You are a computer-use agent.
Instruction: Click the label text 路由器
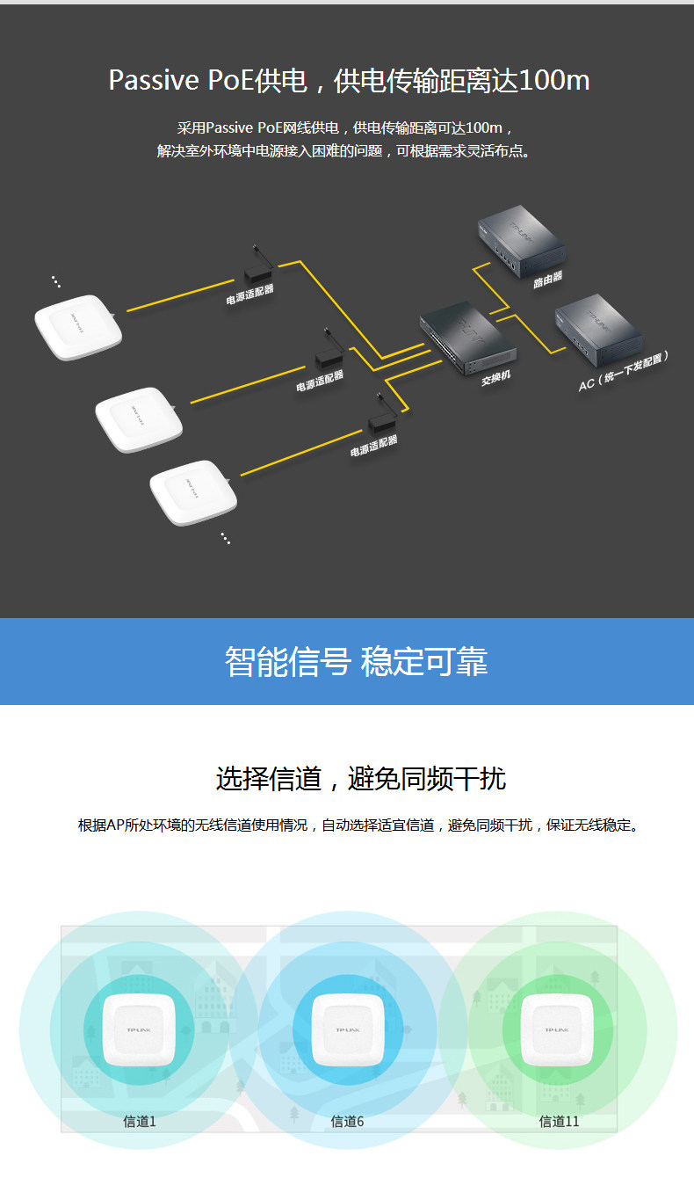547,279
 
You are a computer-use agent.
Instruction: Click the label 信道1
139,1121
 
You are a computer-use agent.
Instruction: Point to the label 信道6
347,1121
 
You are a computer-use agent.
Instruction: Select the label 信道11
559,1121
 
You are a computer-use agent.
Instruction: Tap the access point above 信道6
348,1031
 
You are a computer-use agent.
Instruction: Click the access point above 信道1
139,1031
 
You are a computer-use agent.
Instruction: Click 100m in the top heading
554,81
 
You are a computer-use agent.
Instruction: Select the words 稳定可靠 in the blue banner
423,662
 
